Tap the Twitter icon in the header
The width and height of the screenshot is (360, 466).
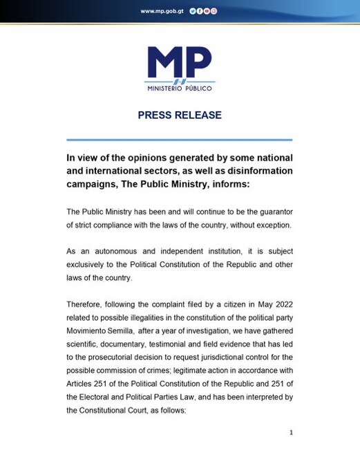191,11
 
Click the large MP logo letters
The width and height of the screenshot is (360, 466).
179,64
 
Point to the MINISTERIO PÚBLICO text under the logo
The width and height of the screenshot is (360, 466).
179,89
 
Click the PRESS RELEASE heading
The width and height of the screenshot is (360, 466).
180,115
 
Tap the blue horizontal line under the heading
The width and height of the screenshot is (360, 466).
180,140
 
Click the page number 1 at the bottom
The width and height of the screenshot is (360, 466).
292,433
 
